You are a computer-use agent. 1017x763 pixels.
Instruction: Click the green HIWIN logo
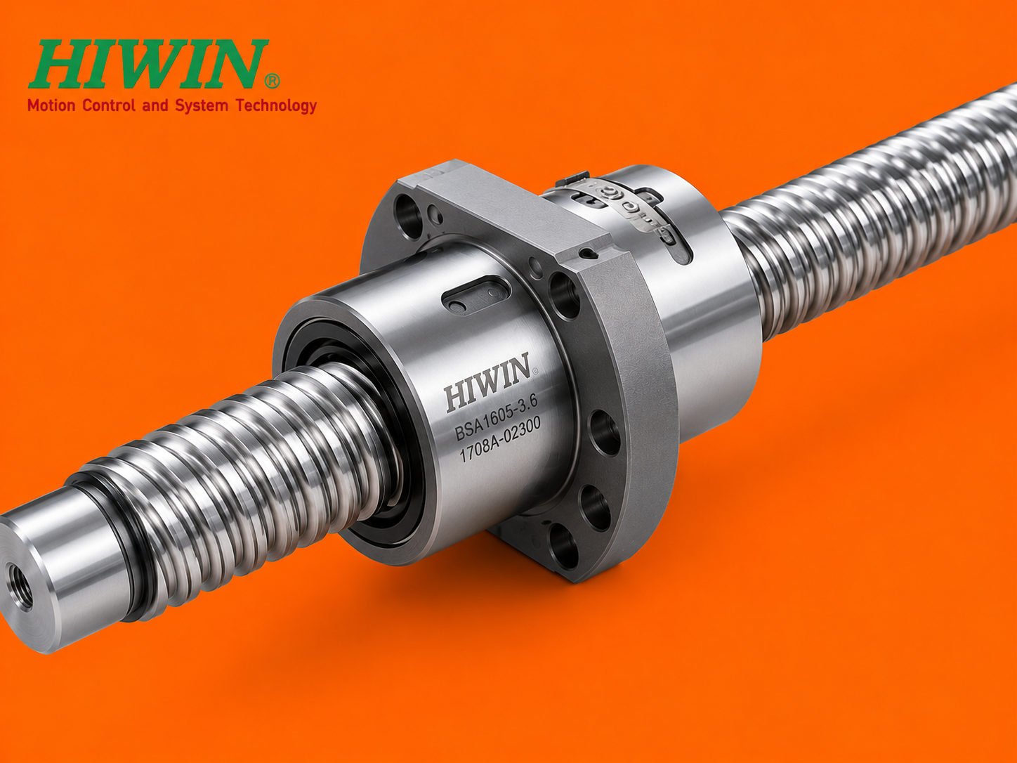tap(149, 64)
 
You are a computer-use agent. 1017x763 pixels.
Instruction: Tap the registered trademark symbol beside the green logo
tap(272, 81)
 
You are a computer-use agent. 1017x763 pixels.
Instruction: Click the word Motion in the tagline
tap(51, 105)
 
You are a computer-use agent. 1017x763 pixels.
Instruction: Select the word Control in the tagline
tap(109, 105)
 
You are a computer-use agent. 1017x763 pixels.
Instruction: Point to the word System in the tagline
tap(201, 106)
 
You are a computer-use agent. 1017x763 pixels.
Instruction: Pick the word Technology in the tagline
tap(276, 106)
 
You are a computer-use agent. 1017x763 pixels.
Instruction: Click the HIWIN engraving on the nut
tap(487, 383)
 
